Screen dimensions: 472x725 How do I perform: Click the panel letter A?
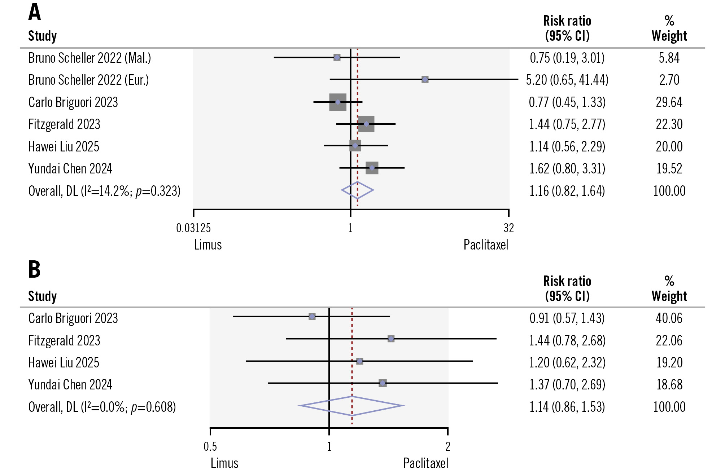pos(35,12)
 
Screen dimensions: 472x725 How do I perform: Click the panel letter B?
pos(34,269)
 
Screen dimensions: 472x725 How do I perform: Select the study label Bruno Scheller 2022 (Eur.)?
pos(88,80)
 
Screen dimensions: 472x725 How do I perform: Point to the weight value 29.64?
pos(669,102)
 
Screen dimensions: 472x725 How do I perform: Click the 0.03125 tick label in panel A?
pos(193,228)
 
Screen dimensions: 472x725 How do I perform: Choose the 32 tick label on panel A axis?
pos(508,228)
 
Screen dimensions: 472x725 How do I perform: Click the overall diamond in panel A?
pos(357,190)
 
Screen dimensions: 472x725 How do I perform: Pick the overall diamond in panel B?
pos(351,406)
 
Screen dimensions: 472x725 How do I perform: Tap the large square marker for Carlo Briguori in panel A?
pos(338,102)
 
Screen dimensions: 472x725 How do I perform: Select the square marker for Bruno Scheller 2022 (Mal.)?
pos(337,57)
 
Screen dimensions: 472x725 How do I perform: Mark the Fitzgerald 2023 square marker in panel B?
pos(391,339)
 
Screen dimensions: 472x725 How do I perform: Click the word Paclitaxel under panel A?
pos(486,245)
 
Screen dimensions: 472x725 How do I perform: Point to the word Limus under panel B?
pos(224,463)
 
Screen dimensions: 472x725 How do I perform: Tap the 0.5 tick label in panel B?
pos(210,446)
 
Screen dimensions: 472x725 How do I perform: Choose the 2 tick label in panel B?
pos(448,446)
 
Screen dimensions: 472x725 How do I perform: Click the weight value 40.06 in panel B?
pos(669,318)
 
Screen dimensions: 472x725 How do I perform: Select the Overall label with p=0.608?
pos(102,407)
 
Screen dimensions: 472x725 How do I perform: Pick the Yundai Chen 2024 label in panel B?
pos(70,385)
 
